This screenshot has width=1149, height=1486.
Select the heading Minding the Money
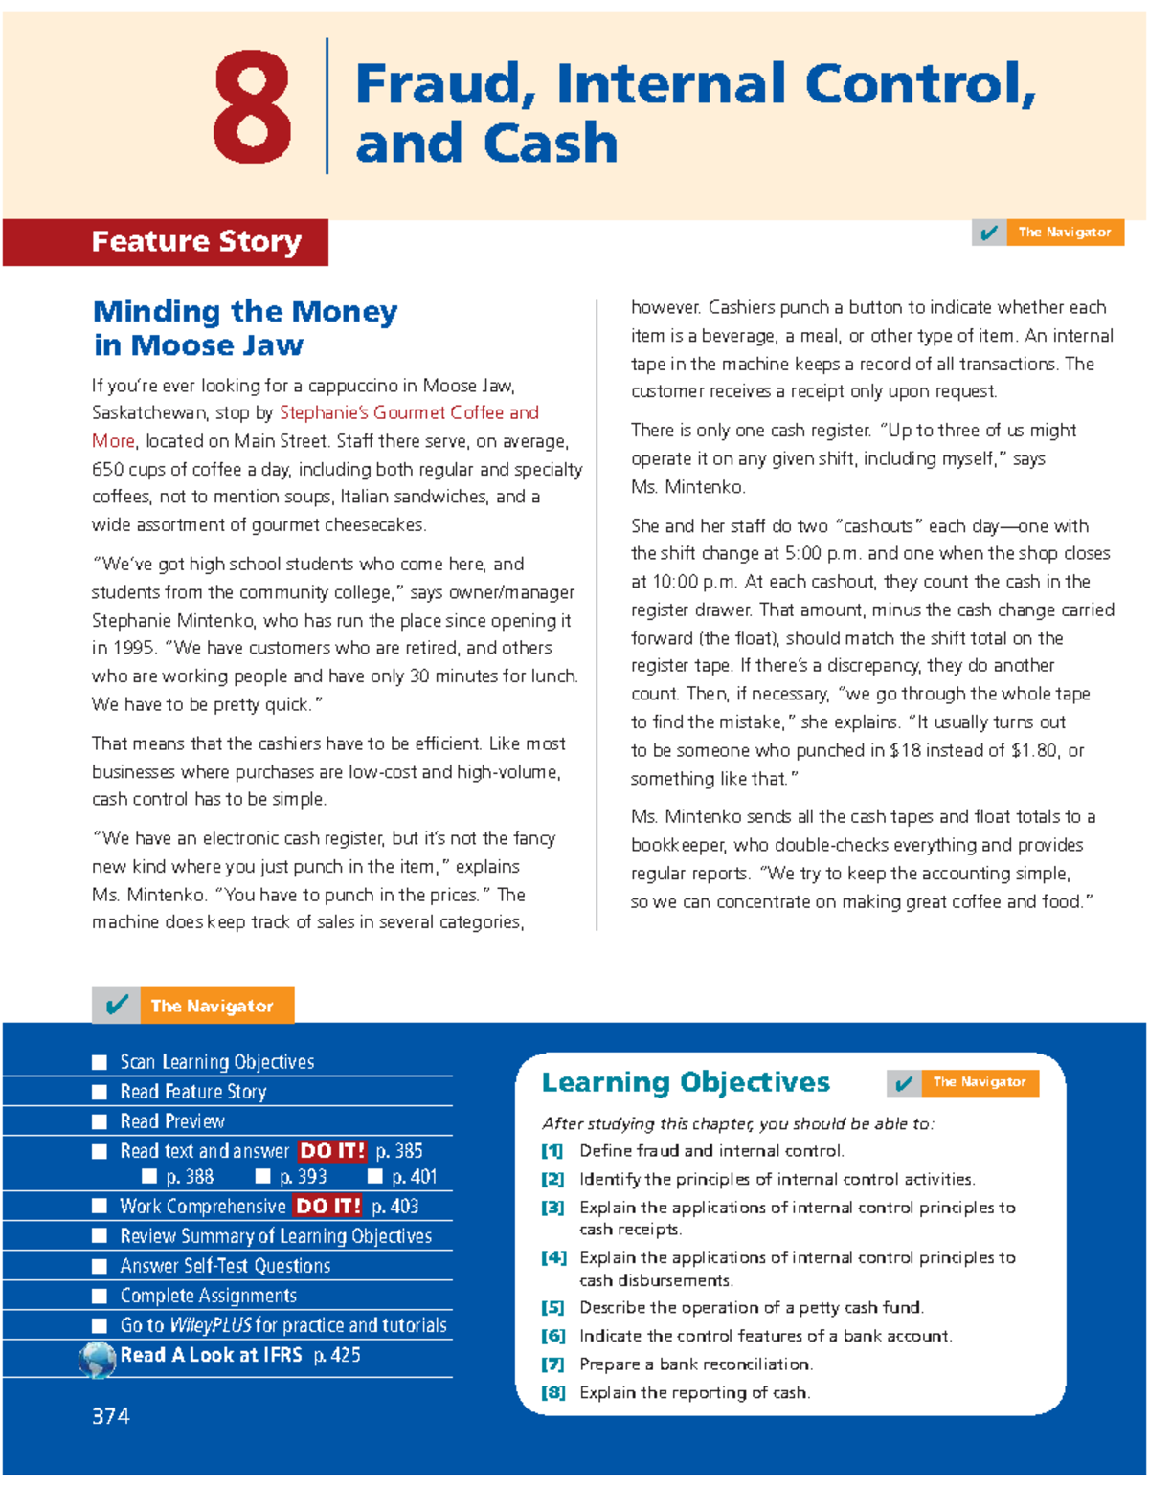coord(245,312)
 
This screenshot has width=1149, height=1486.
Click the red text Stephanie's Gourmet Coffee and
coord(409,412)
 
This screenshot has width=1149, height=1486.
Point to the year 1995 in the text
coord(134,648)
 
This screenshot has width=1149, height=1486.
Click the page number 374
coord(110,1416)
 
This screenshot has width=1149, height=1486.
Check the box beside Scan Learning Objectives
coord(100,1062)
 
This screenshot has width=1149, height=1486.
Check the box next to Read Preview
coord(100,1121)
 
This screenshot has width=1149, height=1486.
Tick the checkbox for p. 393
coord(262,1176)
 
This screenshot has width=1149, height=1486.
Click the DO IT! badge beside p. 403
coord(328,1206)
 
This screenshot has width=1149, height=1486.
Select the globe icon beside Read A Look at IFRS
coord(97,1359)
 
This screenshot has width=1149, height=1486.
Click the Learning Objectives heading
coord(686,1082)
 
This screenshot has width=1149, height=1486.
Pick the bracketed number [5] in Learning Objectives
coord(552,1307)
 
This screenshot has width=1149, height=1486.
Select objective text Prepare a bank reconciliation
coord(695,1364)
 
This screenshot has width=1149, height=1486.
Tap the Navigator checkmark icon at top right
coord(989,233)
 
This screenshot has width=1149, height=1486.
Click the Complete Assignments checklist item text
coord(208,1296)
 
